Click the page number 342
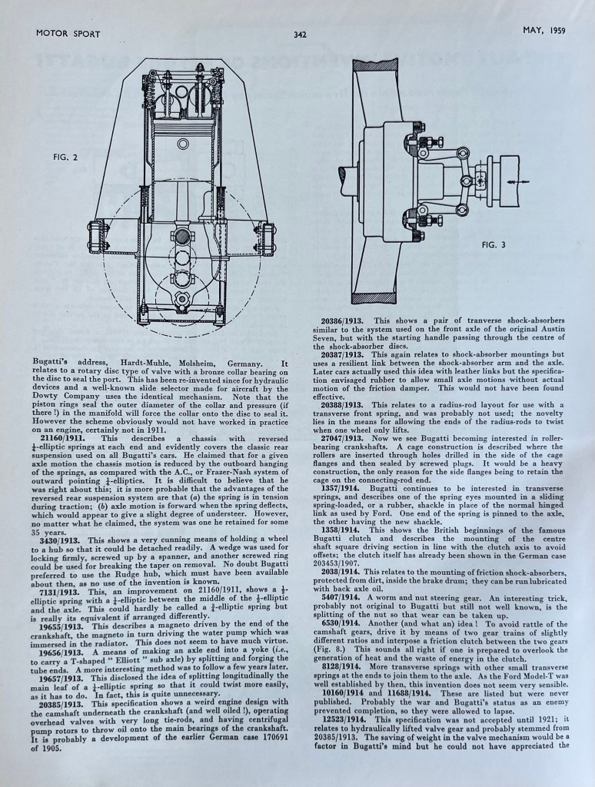[301, 34]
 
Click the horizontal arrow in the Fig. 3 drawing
[514, 181]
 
